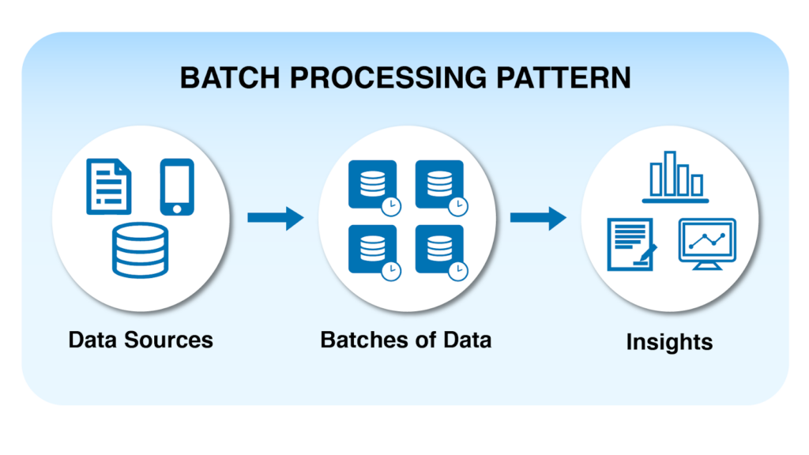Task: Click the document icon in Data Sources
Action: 108,186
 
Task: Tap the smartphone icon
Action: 177,186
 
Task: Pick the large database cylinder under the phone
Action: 141,250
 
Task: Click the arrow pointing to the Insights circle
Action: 538,217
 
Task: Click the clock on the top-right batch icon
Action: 457,205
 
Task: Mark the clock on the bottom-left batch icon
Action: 391,270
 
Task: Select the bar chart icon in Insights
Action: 675,176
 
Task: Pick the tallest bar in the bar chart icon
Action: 670,172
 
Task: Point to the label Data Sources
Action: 141,340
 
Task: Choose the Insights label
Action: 669,342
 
